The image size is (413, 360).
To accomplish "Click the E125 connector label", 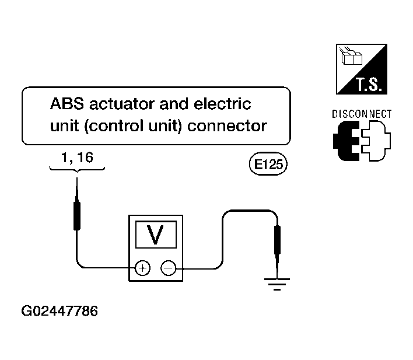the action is click(x=268, y=164).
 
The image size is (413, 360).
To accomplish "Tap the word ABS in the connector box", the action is click(x=67, y=104).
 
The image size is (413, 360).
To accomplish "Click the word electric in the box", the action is click(x=222, y=104).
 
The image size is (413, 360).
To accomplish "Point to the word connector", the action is click(x=227, y=126).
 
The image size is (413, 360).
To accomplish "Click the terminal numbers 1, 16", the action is click(x=77, y=158).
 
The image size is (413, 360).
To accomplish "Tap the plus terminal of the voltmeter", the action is click(x=142, y=268).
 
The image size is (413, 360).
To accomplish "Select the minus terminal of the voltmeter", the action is click(x=169, y=268).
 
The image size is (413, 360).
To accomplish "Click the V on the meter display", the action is click(x=155, y=235).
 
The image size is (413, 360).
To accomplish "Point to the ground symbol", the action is click(x=277, y=284).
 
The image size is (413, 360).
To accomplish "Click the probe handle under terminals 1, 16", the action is click(x=77, y=216).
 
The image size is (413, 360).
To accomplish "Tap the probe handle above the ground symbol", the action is click(x=277, y=240).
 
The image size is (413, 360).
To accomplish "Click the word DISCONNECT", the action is click(x=362, y=114).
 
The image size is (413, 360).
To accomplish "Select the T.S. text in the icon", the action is click(x=369, y=85).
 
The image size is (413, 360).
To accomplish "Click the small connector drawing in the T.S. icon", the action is click(x=351, y=57).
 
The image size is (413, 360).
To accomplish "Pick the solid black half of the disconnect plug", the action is click(x=346, y=141).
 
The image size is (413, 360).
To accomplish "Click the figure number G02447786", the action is click(x=60, y=311).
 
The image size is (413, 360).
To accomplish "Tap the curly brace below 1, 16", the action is click(x=77, y=169).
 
